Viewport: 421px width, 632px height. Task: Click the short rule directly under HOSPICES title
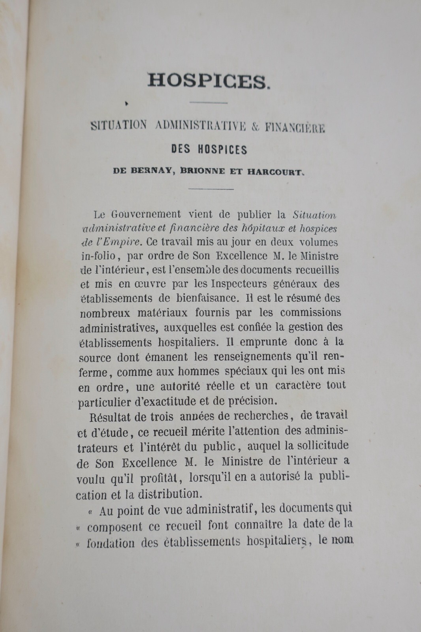point(209,103)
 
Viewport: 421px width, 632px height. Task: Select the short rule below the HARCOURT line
point(211,189)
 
